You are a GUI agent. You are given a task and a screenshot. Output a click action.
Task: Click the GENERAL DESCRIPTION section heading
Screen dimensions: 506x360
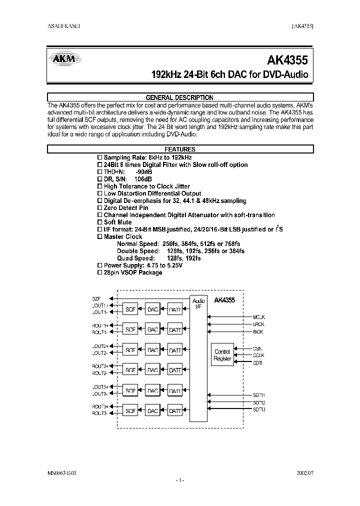point(179,97)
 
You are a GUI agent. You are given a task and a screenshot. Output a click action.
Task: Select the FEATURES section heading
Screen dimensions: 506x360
point(179,149)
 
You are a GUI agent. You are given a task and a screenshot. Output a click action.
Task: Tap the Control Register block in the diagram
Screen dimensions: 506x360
point(222,355)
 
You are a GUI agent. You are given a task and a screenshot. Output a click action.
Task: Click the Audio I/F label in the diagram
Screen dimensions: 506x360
point(198,303)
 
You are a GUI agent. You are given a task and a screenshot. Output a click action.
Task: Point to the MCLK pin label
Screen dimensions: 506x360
point(258,317)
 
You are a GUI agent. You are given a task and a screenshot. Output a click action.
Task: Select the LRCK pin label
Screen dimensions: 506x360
point(258,324)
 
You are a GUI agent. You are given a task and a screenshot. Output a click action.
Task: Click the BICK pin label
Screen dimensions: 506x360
point(258,332)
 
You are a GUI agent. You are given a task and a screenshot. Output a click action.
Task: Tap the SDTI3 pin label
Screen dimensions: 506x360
point(258,410)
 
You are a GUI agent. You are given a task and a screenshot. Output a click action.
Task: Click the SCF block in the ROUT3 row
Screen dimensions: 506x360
point(130,411)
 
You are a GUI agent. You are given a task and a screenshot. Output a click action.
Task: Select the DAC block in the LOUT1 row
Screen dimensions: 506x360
point(152,309)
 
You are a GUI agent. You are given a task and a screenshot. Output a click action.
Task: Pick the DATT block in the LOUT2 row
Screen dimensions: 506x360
point(175,350)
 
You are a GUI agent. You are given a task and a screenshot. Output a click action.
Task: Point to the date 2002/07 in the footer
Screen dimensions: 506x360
point(305,472)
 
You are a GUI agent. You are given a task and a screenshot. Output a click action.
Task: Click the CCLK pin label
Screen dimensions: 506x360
point(258,355)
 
